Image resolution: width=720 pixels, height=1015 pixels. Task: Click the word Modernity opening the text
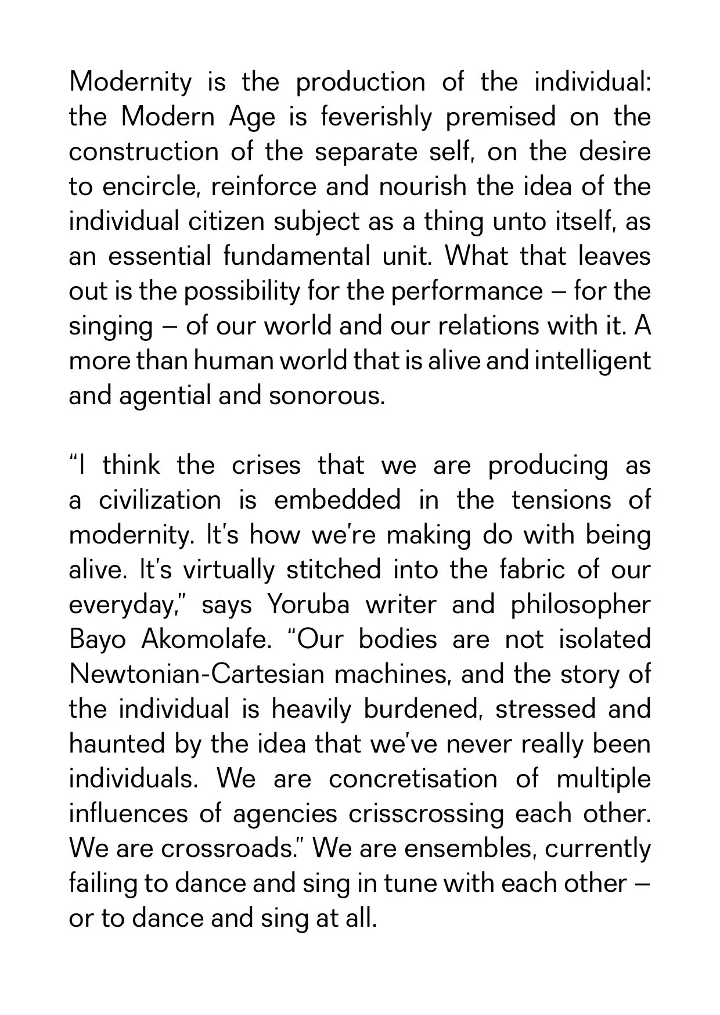coord(130,82)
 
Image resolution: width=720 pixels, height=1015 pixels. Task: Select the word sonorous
coord(327,395)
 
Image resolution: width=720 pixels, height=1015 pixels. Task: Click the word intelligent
coord(593,361)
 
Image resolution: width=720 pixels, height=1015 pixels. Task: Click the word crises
coord(266,465)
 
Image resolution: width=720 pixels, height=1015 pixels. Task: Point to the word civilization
coord(160,500)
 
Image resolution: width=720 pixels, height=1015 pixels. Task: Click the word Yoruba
coord(309,604)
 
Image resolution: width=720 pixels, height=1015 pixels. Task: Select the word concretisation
coord(413,779)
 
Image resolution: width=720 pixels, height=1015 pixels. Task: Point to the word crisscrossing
coord(427,814)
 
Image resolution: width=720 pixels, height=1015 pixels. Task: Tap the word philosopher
coord(581,604)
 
